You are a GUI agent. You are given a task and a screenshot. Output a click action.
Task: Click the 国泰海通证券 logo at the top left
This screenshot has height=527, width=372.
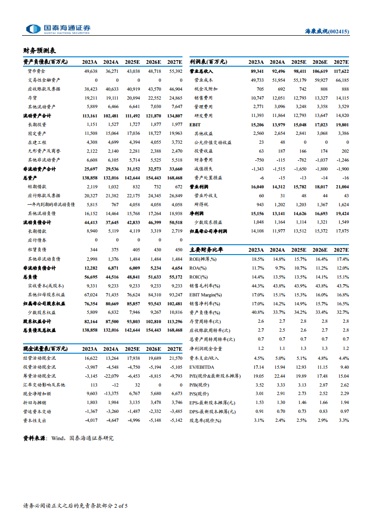click(x=58, y=29)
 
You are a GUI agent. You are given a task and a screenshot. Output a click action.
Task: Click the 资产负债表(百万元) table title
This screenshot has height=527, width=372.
click(x=45, y=62)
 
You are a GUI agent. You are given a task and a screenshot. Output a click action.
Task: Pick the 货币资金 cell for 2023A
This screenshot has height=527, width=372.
click(x=91, y=71)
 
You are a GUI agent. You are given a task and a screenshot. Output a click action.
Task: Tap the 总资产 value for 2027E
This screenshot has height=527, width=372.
click(x=175, y=178)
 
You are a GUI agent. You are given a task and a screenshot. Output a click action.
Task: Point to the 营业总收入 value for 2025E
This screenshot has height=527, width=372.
click(x=298, y=71)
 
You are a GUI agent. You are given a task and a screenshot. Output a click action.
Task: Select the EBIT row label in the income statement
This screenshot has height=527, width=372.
click(x=195, y=124)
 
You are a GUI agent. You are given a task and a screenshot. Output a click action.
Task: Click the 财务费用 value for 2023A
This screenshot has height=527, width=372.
click(x=258, y=160)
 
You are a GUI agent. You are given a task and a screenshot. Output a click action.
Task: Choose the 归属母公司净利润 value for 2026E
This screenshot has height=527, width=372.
click(x=319, y=232)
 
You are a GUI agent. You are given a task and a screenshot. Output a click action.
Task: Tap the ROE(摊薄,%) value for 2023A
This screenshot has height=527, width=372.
click(x=258, y=259)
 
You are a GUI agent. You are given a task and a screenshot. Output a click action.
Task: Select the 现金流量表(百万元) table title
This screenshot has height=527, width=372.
click(x=45, y=349)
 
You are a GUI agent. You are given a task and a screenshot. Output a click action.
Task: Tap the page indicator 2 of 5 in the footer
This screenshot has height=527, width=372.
click(x=121, y=506)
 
